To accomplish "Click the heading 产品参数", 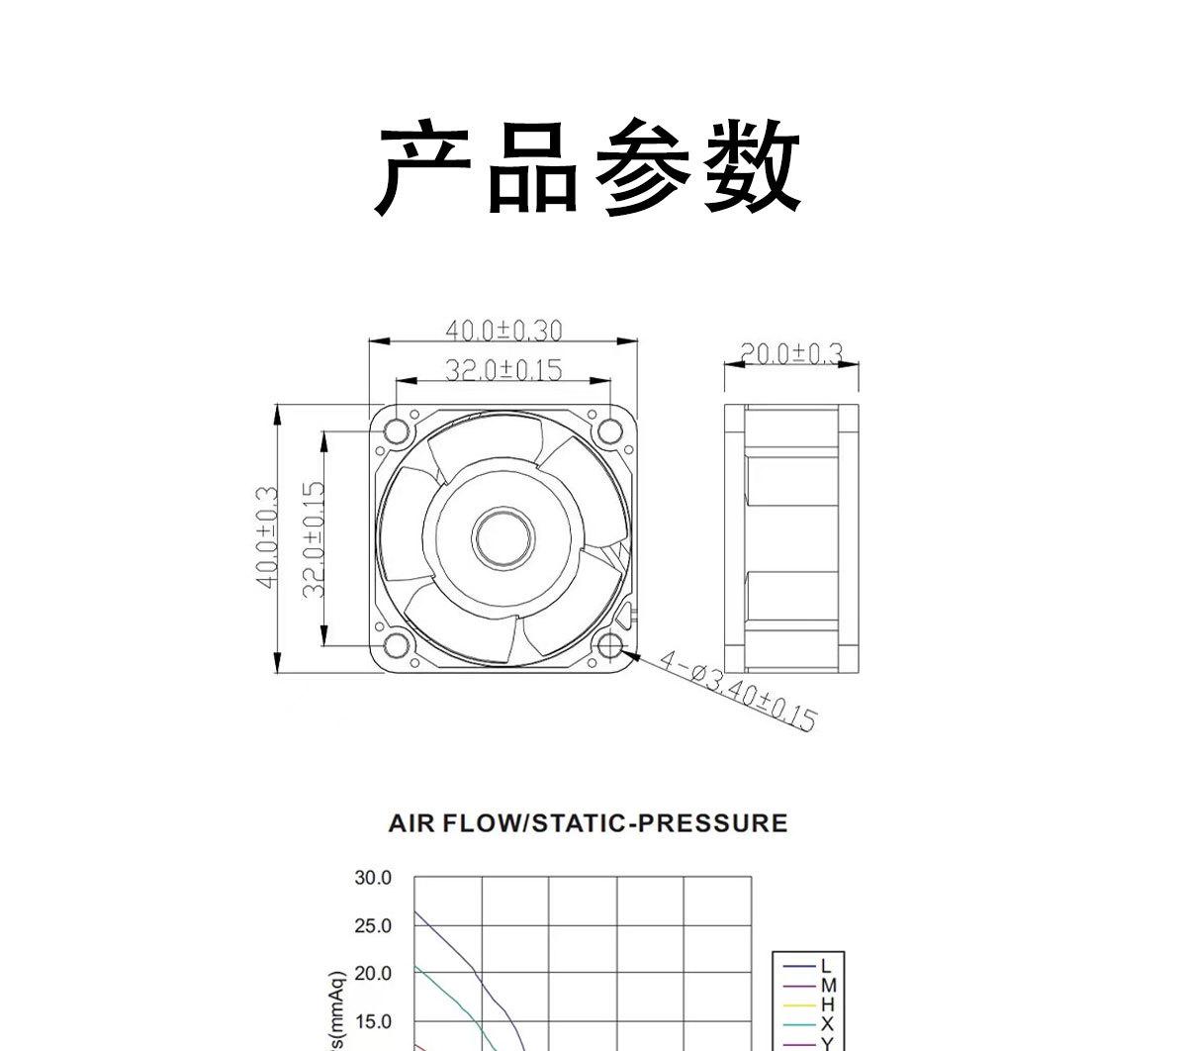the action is (590, 166).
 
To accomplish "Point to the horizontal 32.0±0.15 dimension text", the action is (502, 370).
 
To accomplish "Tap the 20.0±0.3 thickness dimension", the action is (791, 354).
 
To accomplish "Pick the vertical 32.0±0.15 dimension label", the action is (315, 539).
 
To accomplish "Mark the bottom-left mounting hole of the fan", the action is (397, 645).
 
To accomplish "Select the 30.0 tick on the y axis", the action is (372, 878).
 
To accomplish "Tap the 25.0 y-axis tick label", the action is (372, 926).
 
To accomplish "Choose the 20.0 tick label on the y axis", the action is (372, 974).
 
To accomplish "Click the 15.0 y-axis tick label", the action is (372, 1021).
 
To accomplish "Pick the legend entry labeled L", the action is (827, 966).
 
